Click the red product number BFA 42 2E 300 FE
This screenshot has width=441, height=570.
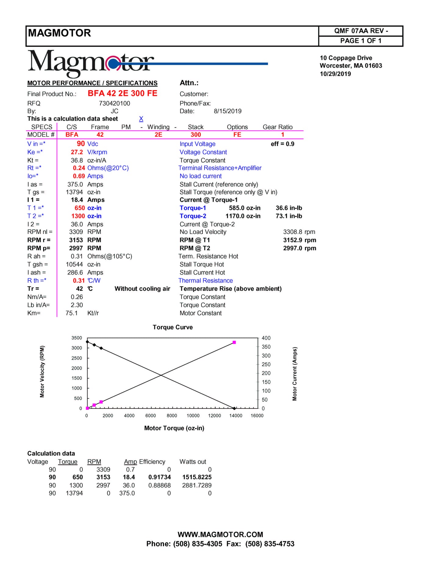pyautogui.click(x=122, y=93)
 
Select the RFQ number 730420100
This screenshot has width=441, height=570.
pyautogui.click(x=114, y=103)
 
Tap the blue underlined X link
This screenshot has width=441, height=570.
pyautogui.click(x=141, y=119)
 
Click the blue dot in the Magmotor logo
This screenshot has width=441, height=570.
pyautogui.click(x=113, y=64)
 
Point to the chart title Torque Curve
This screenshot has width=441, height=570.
pyautogui.click(x=173, y=327)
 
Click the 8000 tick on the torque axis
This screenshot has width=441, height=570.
pyautogui.click(x=172, y=416)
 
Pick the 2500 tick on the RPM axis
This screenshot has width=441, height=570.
pyautogui.click(x=77, y=358)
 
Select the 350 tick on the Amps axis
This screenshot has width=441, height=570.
pyautogui.click(x=266, y=347)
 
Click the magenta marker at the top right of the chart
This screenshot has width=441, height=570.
pyautogui.click(x=234, y=342)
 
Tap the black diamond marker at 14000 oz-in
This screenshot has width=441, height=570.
pyautogui.click(x=234, y=408)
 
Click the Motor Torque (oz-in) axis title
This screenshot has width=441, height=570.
pyautogui.click(x=174, y=428)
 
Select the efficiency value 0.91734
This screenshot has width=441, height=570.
pyautogui.click(x=160, y=477)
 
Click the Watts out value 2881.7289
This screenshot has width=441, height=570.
pyautogui.click(x=197, y=485)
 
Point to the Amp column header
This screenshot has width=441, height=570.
pyautogui.click(x=130, y=462)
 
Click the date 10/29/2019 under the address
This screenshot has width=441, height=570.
pyautogui.click(x=335, y=74)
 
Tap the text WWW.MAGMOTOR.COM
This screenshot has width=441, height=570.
pyautogui.click(x=220, y=535)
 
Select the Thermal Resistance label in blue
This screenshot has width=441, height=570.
pyautogui.click(x=206, y=281)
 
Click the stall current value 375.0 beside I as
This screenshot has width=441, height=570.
pyautogui.click(x=75, y=185)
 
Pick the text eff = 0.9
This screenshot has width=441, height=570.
pyautogui.click(x=283, y=144)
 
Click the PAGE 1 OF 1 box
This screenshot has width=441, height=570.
pyautogui.click(x=361, y=41)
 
